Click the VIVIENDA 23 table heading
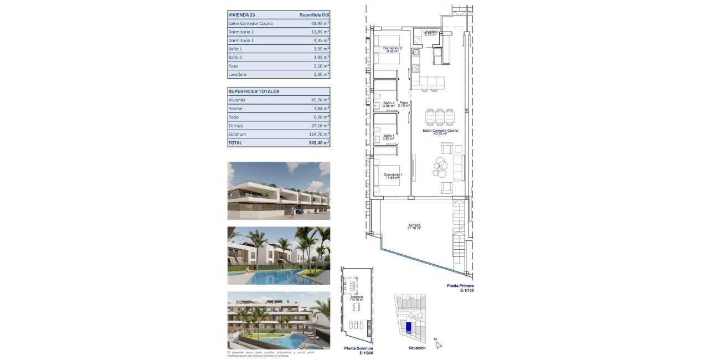click(241, 15)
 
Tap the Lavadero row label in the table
click(238, 74)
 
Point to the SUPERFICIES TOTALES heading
click(254, 91)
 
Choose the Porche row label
click(235, 109)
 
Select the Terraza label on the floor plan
click(414, 226)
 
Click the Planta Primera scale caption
click(460, 287)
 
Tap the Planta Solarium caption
click(358, 349)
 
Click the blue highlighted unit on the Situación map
click(409, 327)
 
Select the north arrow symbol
click(438, 344)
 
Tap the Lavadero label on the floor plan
click(431, 33)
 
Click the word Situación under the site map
click(416, 348)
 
